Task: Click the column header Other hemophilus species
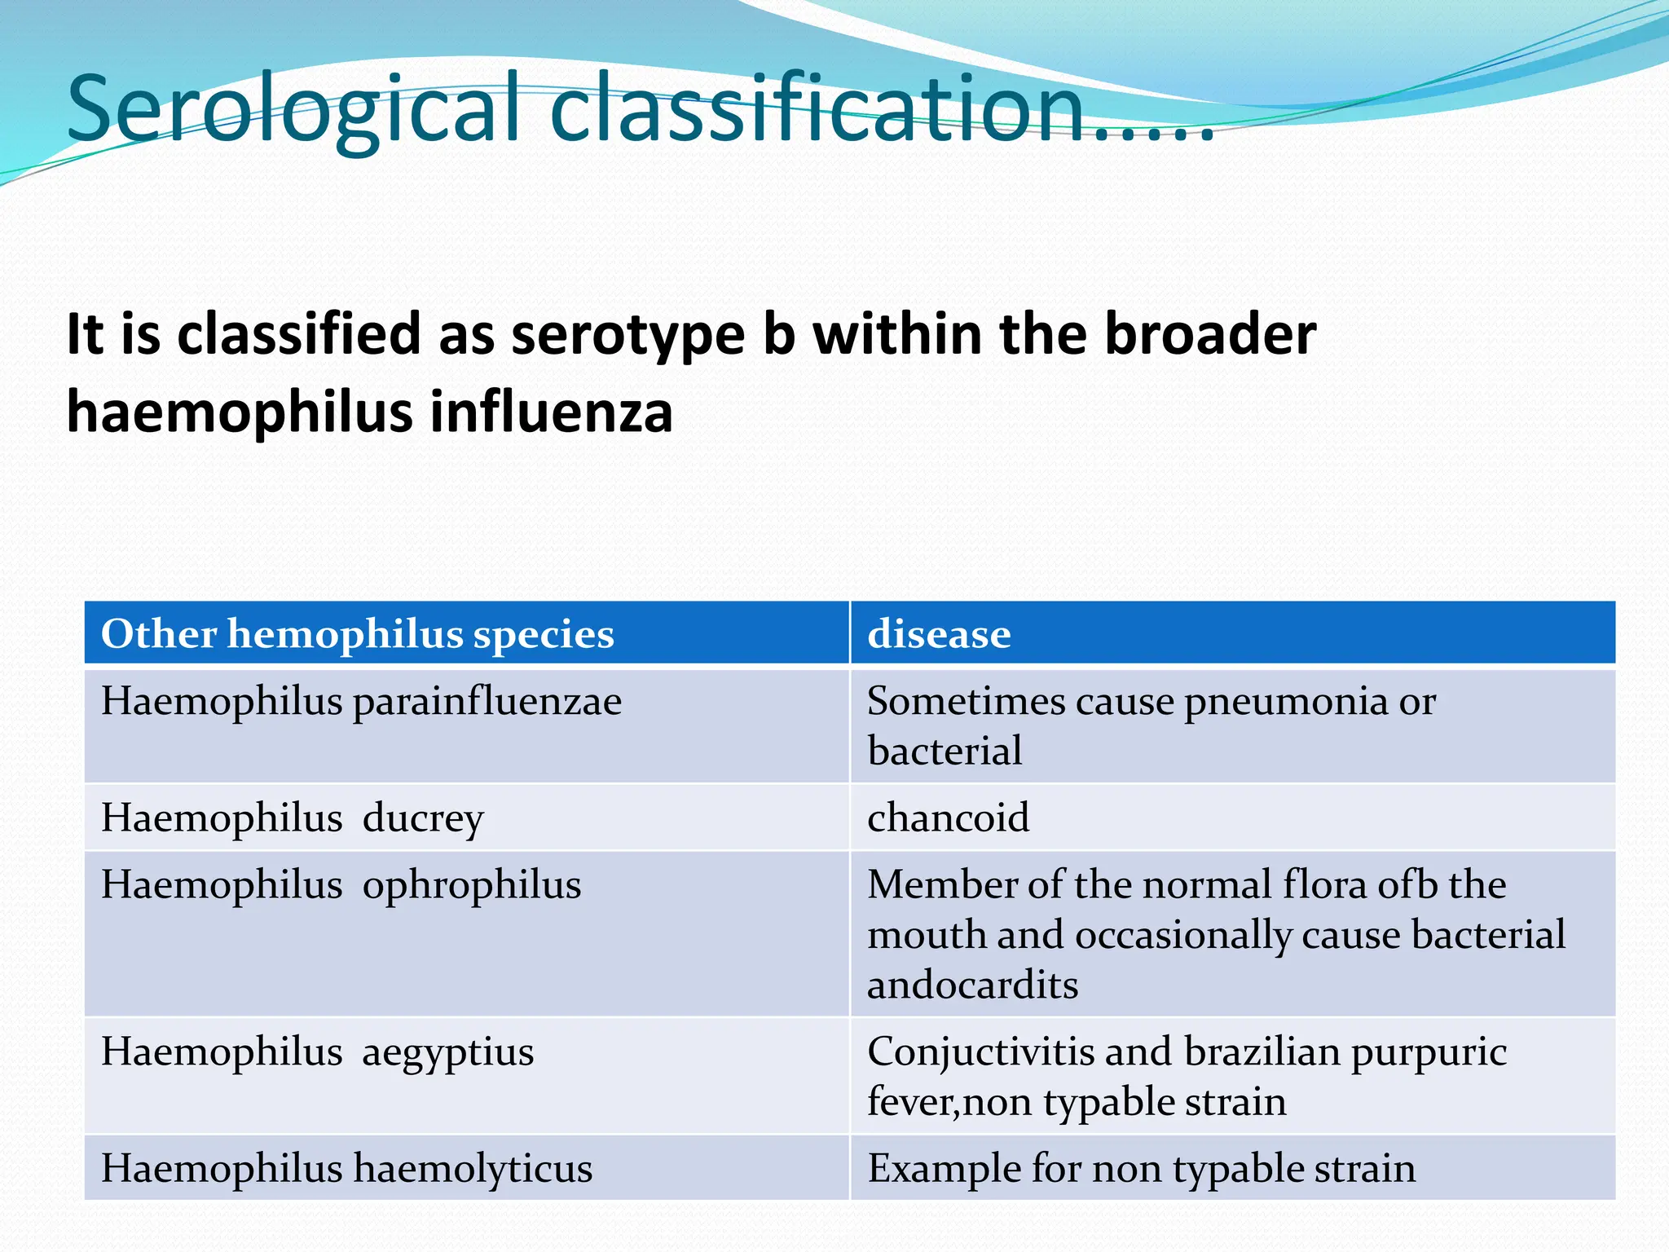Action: (357, 634)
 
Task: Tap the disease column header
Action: (939, 634)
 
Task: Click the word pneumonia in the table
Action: (1286, 701)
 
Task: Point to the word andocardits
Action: (972, 985)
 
